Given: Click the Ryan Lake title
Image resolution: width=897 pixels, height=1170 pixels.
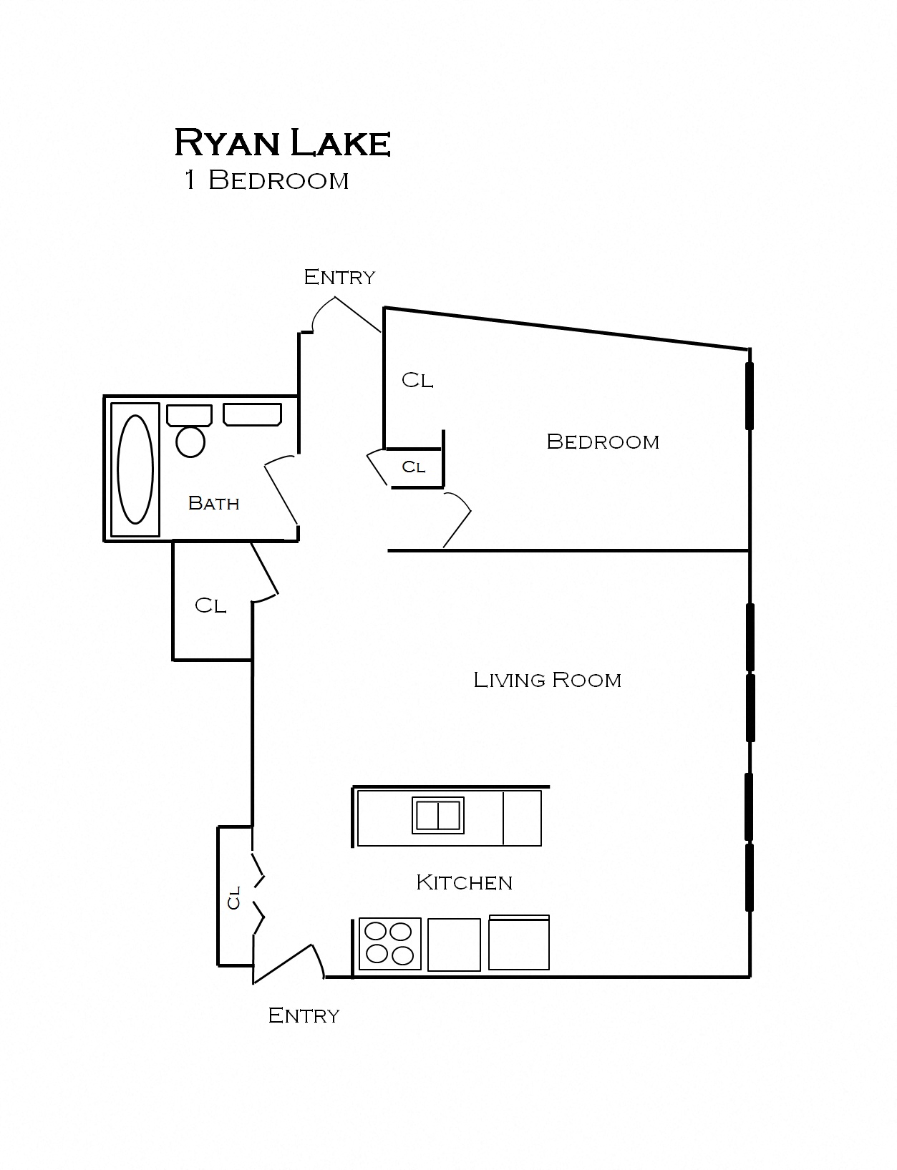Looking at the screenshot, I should (282, 142).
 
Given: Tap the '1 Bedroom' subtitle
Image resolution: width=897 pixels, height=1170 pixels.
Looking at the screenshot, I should (266, 180).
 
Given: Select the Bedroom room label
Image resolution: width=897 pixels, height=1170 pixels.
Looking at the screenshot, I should (603, 442).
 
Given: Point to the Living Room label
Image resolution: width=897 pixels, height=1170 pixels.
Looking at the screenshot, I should (548, 679).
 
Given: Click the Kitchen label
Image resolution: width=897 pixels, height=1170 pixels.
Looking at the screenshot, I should (464, 882).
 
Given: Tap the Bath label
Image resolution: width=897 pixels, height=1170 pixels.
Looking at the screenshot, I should (213, 503).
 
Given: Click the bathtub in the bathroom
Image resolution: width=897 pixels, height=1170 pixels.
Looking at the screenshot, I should (135, 469).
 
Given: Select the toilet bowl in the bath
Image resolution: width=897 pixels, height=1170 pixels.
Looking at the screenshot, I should (190, 442).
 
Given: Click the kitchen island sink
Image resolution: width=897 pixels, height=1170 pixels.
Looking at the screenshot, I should (437, 815).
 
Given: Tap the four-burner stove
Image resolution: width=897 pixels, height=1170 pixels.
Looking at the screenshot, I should (389, 944).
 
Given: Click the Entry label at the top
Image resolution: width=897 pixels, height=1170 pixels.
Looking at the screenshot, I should (339, 277).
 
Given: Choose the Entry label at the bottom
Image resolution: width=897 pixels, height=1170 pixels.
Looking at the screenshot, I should (304, 1015).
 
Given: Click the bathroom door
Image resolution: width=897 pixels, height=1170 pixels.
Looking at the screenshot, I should (281, 492).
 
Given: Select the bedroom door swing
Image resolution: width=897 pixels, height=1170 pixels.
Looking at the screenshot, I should (458, 519).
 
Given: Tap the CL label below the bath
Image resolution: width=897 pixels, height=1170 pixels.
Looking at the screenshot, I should (210, 605).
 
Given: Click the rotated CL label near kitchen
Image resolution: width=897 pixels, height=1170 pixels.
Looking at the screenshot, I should (233, 897).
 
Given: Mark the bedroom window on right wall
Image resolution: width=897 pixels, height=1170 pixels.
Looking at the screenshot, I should (749, 396).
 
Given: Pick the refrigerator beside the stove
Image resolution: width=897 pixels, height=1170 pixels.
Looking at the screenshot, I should (518, 943).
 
